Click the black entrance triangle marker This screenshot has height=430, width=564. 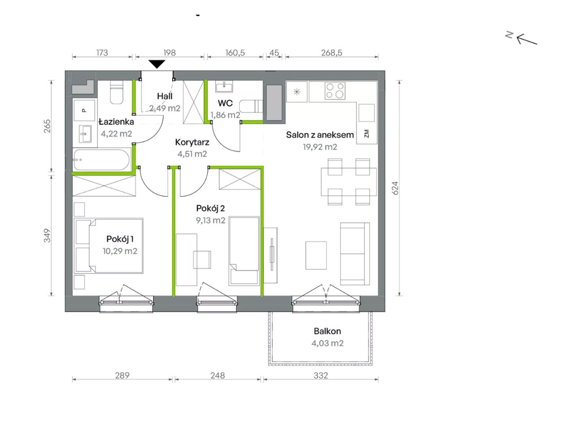pos(157,64)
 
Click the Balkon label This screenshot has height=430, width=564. pos(327,331)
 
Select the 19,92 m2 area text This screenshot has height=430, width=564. pos(320,147)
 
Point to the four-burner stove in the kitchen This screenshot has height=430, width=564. pos(335,90)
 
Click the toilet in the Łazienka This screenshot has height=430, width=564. pos(117,92)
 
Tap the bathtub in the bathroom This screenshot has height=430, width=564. pos(102,159)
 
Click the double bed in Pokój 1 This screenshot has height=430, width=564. pos(108,245)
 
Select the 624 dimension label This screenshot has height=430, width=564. pos(395,188)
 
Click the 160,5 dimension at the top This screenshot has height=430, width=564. pos(235,52)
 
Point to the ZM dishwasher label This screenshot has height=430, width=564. pos(366,133)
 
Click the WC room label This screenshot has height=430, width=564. pos(225,103)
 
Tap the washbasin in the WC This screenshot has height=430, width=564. pos(224,86)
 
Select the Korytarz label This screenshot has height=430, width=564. pos(192,142)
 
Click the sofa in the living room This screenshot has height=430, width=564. pos(355,254)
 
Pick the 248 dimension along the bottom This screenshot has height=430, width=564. pos(217,375)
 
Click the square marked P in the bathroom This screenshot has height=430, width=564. pos(84,110)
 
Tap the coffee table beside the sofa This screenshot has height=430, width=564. pos(316,255)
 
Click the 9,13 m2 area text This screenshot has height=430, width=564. pos(210,220)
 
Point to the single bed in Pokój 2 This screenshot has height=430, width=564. pos(244,250)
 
